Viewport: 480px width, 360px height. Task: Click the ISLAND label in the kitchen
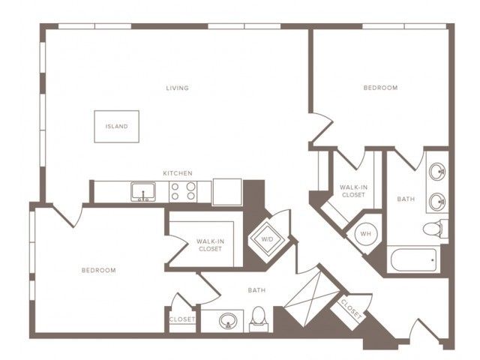117,127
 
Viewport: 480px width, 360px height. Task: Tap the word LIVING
177,88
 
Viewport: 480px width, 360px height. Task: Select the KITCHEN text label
178,173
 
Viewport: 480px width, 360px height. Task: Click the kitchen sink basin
143,192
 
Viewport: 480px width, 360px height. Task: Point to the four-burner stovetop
183,191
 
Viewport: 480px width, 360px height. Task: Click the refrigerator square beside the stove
227,192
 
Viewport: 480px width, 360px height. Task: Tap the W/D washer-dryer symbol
267,238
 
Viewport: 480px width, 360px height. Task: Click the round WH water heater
365,234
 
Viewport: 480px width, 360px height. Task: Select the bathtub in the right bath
413,259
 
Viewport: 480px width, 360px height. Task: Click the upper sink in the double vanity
437,172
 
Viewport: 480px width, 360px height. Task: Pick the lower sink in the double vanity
437,202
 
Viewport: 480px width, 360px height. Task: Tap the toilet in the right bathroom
435,228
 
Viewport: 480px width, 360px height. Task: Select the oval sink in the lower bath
228,320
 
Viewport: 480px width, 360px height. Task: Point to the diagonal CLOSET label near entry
351,310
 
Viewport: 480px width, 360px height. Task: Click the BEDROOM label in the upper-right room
380,88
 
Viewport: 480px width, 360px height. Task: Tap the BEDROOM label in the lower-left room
98,270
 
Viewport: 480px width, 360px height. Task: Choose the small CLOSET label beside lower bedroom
182,319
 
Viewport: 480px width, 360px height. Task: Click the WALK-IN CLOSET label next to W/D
210,245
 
